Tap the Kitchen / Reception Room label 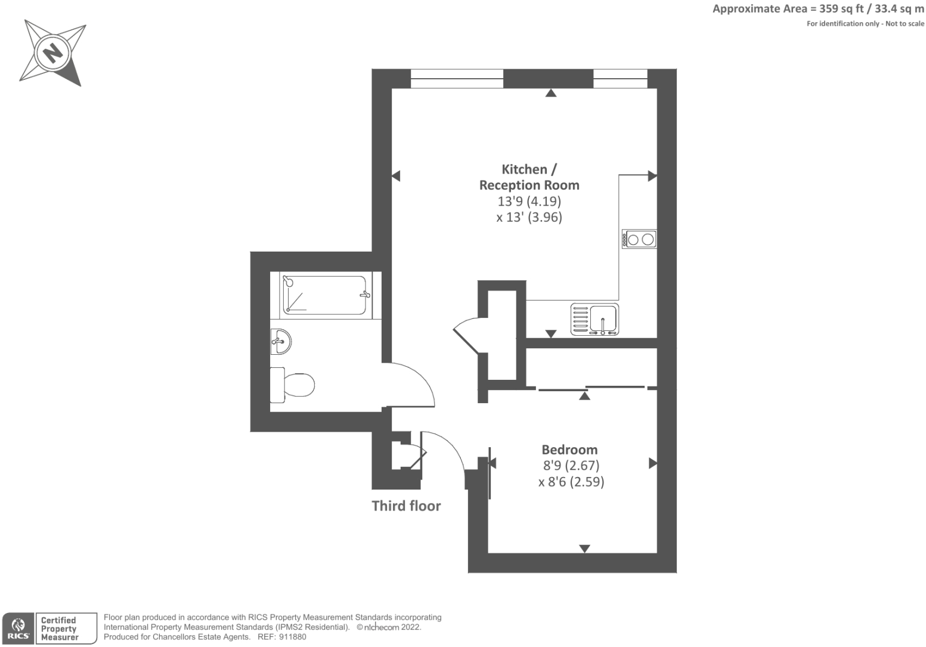529,177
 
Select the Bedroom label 569,450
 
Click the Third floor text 406,506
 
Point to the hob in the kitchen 639,240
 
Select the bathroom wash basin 281,342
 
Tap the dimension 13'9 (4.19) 529,201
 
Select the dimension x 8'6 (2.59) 571,482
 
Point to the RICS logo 17,629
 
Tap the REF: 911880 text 281,637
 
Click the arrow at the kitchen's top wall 551,92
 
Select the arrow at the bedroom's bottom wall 585,548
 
